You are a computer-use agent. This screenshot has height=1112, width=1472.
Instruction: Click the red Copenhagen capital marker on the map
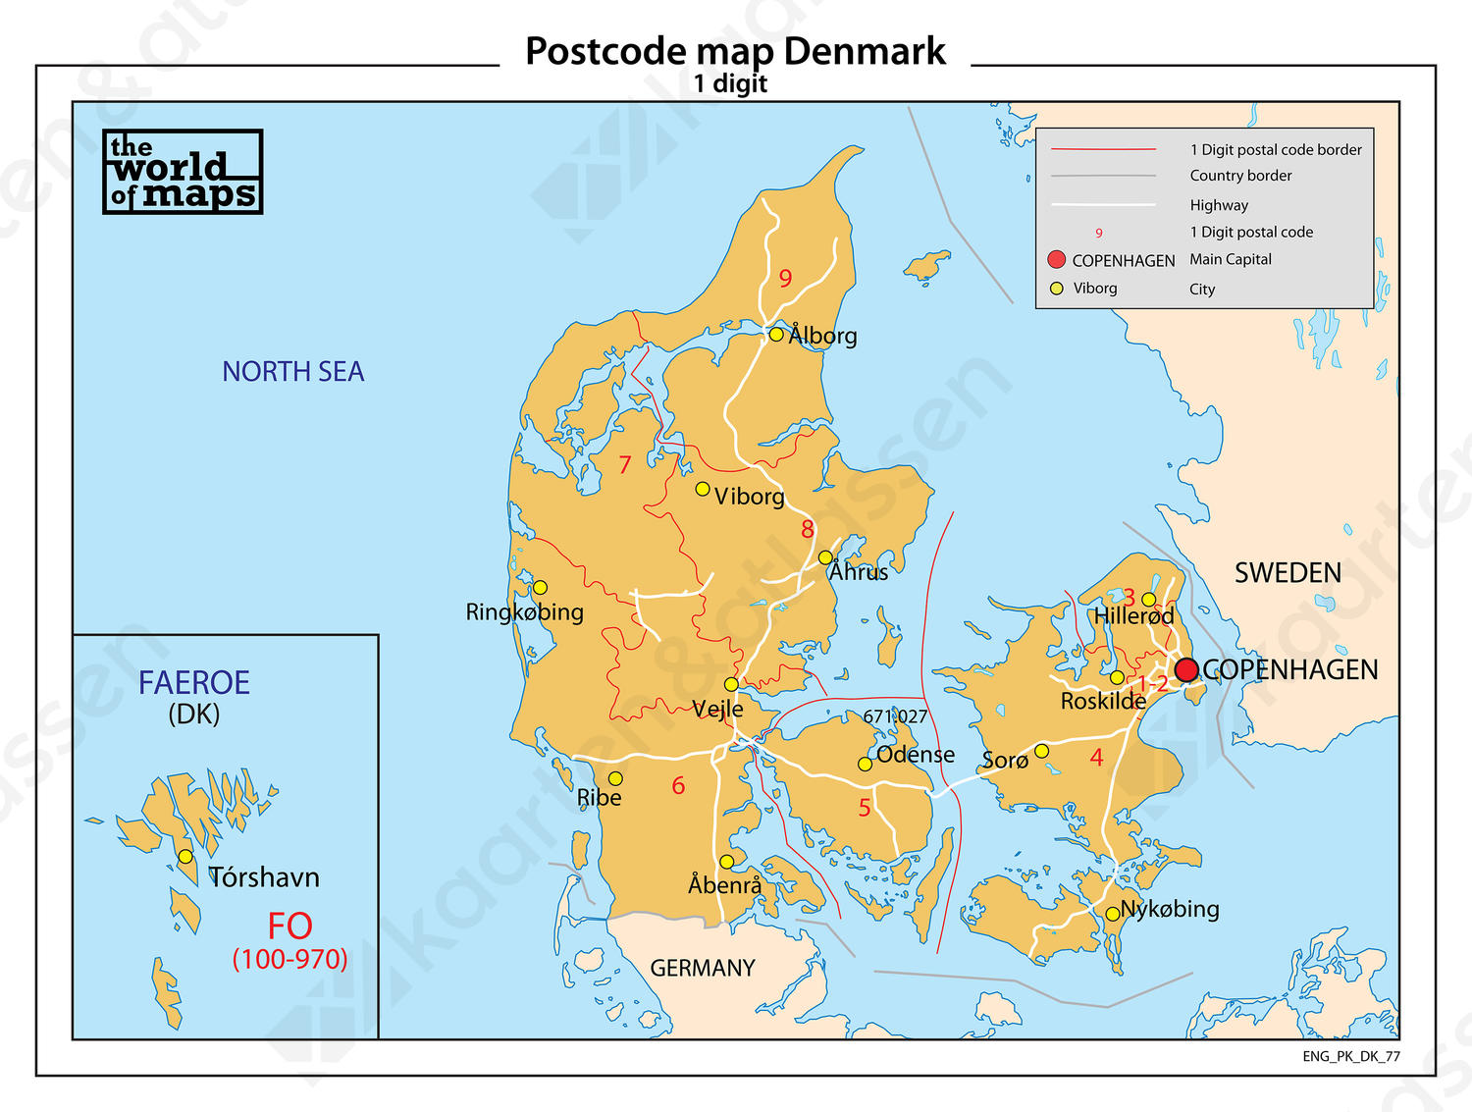tap(1186, 669)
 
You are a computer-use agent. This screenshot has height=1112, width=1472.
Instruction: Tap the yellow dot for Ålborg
tap(775, 335)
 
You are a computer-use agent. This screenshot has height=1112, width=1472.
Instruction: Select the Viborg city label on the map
tap(749, 497)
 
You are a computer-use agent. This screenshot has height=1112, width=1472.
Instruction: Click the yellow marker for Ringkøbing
tap(540, 588)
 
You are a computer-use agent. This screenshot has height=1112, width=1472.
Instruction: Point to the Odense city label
tap(915, 755)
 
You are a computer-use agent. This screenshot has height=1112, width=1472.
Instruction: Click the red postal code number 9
tap(785, 279)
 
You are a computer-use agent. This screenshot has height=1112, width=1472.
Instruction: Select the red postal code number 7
tap(625, 464)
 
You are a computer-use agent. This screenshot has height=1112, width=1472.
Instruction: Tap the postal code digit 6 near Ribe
tap(678, 786)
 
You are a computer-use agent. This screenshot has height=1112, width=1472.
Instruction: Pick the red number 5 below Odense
tap(865, 808)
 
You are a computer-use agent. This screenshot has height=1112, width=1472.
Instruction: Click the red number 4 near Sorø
tap(1096, 758)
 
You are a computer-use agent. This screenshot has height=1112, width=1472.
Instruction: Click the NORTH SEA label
tap(292, 372)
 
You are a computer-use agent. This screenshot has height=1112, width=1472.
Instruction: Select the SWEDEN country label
tap(1288, 573)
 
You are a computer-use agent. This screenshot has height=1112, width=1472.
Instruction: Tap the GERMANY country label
tap(703, 969)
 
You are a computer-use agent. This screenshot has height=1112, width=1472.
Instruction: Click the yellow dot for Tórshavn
tap(185, 857)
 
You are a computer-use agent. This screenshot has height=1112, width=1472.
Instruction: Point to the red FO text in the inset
tap(289, 927)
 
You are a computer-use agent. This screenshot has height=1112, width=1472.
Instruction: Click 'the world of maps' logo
tap(183, 172)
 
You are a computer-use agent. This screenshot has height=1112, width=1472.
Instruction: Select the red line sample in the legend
tap(1103, 149)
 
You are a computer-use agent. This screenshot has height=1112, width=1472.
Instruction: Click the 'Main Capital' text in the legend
tap(1231, 259)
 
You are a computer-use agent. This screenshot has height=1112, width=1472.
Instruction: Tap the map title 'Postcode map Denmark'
tap(735, 51)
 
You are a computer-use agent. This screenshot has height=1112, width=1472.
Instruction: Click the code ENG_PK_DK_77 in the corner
tap(1351, 1056)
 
